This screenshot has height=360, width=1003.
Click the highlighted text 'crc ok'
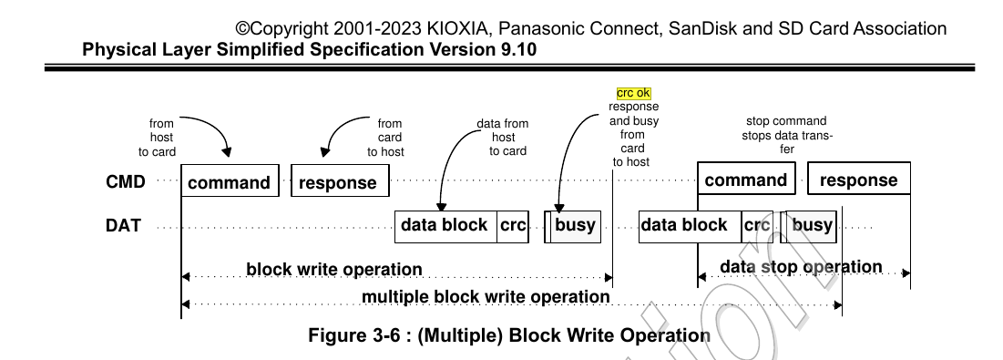click(633, 93)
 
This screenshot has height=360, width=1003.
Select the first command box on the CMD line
click(230, 181)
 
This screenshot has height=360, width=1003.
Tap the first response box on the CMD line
click(338, 181)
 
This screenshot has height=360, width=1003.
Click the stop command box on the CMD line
click(746, 180)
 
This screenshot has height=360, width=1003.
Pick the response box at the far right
click(858, 180)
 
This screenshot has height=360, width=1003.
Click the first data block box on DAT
click(445, 226)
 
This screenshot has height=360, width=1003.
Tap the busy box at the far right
click(812, 225)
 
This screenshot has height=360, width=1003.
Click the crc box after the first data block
click(513, 226)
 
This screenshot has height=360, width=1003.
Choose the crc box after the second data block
click(757, 225)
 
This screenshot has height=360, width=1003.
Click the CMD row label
click(126, 180)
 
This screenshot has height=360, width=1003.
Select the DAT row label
click(124, 225)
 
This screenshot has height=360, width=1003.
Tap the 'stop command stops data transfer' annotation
click(786, 135)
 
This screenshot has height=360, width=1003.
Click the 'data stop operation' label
click(801, 266)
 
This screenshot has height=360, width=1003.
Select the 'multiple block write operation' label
click(486, 296)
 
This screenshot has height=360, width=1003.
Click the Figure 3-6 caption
click(509, 334)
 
